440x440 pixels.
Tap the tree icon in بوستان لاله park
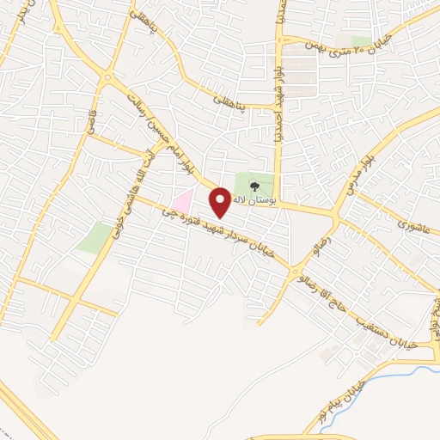254,185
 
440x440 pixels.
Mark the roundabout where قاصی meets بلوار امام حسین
107,78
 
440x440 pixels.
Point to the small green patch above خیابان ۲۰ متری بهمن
362,40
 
